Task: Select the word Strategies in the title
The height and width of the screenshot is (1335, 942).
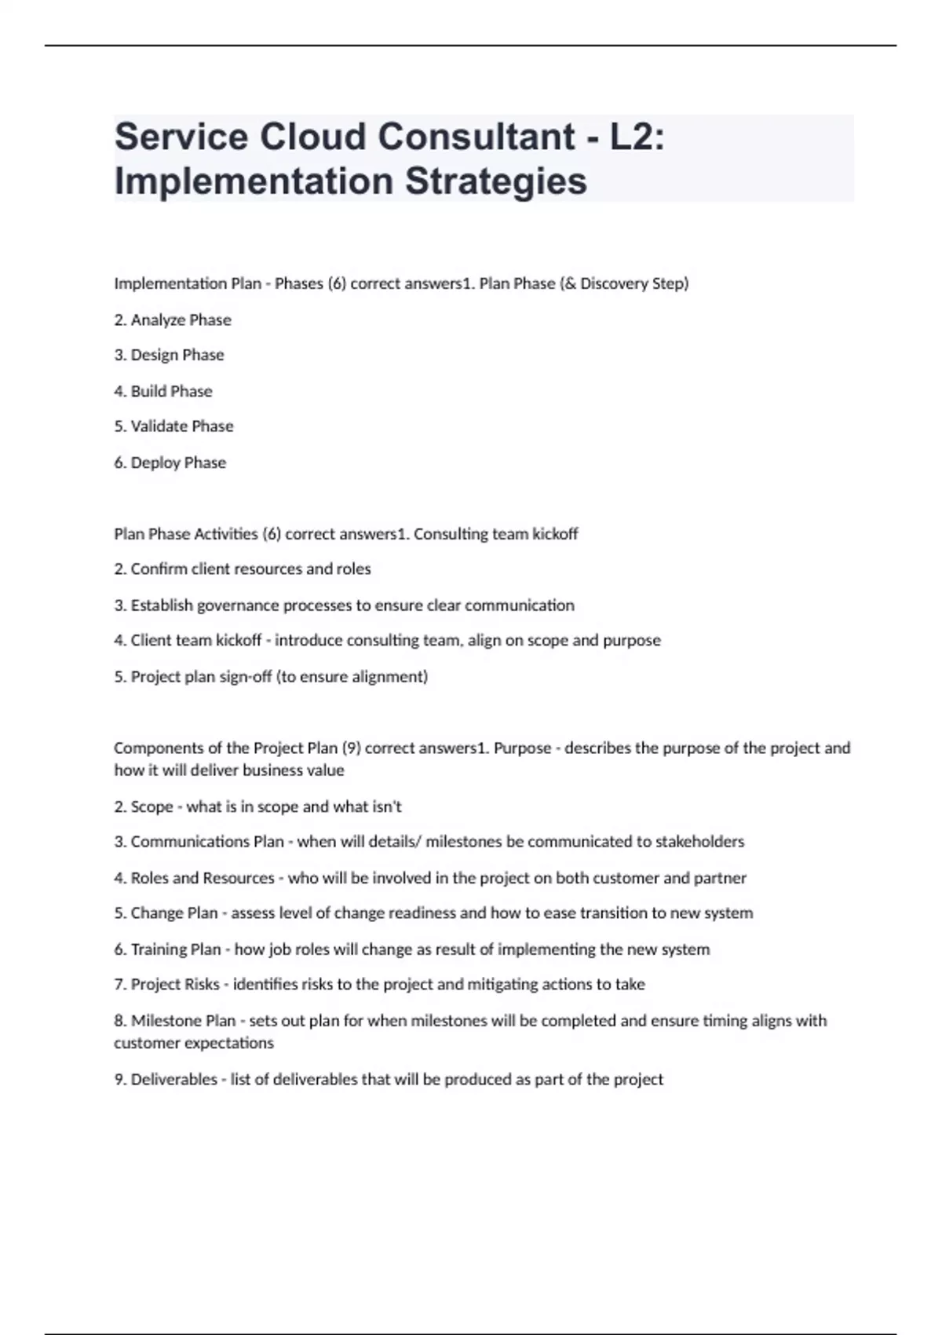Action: pos(496,181)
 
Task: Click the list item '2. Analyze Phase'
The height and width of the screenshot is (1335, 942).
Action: pos(173,320)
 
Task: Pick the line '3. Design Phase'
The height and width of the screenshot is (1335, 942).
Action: pos(169,355)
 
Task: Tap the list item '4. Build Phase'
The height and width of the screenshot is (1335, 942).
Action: pos(163,391)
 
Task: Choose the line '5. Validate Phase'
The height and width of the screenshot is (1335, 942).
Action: pos(173,426)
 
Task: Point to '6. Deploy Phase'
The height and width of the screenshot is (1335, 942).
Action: pos(170,463)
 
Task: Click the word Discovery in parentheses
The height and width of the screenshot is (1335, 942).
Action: pos(614,283)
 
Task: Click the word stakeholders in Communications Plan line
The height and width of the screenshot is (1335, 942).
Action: pos(699,842)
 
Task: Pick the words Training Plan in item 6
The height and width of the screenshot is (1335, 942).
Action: pos(176,949)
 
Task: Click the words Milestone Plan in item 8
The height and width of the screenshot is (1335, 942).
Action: pos(183,1021)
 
